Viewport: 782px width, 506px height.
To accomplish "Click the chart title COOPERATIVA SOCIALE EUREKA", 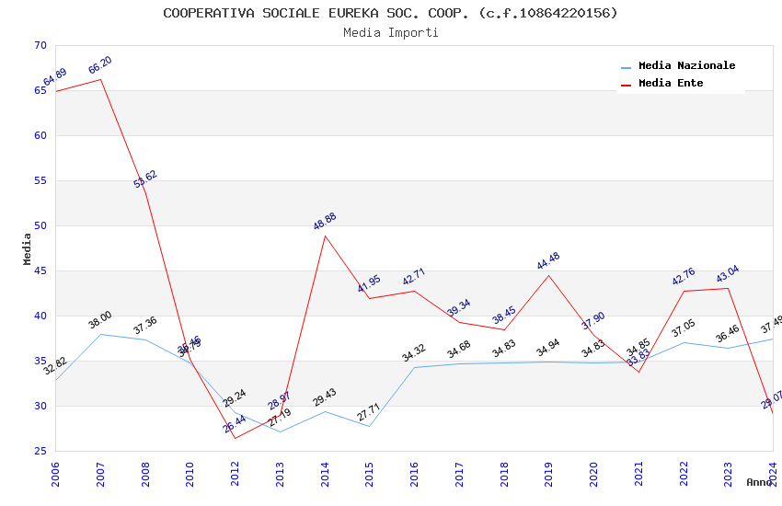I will pos(390,13).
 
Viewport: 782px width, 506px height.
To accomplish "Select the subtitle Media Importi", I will pos(390,32).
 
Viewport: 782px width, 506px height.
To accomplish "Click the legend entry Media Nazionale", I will pos(686,65).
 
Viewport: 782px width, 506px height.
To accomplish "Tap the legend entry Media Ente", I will pos(670,83).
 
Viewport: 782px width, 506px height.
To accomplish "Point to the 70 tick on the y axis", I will pos(39,45).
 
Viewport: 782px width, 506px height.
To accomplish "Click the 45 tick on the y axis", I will pos(39,270).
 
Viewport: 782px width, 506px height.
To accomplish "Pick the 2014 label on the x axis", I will pos(325,474).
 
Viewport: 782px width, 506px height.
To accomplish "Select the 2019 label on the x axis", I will pos(549,474).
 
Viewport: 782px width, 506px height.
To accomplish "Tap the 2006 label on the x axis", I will pos(55,474).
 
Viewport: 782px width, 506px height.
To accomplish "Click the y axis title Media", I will pos(27,248).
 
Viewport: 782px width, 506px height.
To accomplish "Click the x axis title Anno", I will pos(759,482).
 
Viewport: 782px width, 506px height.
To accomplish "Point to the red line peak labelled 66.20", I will pos(100,79).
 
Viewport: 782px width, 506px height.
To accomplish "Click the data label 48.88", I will pos(325,221).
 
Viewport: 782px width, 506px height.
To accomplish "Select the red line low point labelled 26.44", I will pos(235,437).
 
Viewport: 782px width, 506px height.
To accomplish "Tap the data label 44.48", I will pos(548,261).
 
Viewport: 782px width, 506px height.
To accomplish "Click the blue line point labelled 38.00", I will pos(100,334).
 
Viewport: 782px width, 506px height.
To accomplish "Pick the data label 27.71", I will pos(369,412).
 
